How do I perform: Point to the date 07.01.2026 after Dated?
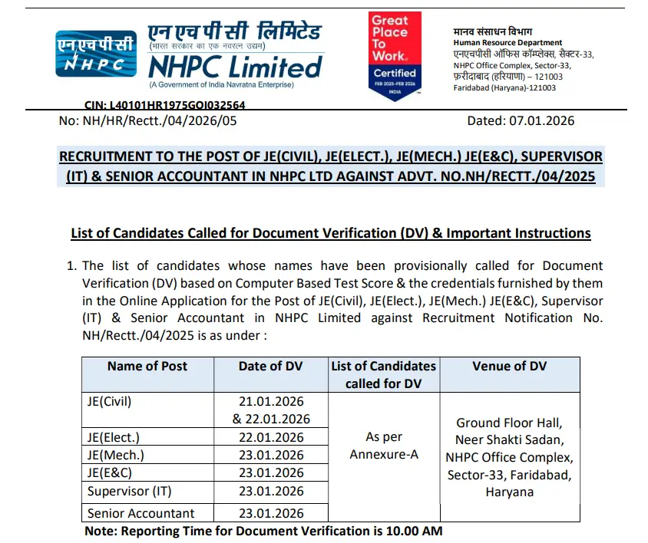point(541,120)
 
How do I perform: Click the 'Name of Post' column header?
point(147,366)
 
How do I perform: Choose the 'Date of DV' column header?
point(271,366)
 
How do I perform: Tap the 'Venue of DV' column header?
point(509,366)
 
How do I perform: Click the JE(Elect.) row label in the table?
point(115,437)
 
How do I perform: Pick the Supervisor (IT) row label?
point(130,491)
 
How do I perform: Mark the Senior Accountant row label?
point(141,513)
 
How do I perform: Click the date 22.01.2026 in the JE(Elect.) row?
point(271,437)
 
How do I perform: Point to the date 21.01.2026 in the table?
point(271,401)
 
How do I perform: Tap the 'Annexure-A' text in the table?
point(384,454)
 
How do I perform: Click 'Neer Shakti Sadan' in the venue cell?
point(509,440)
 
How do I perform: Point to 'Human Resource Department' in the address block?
point(507,43)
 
